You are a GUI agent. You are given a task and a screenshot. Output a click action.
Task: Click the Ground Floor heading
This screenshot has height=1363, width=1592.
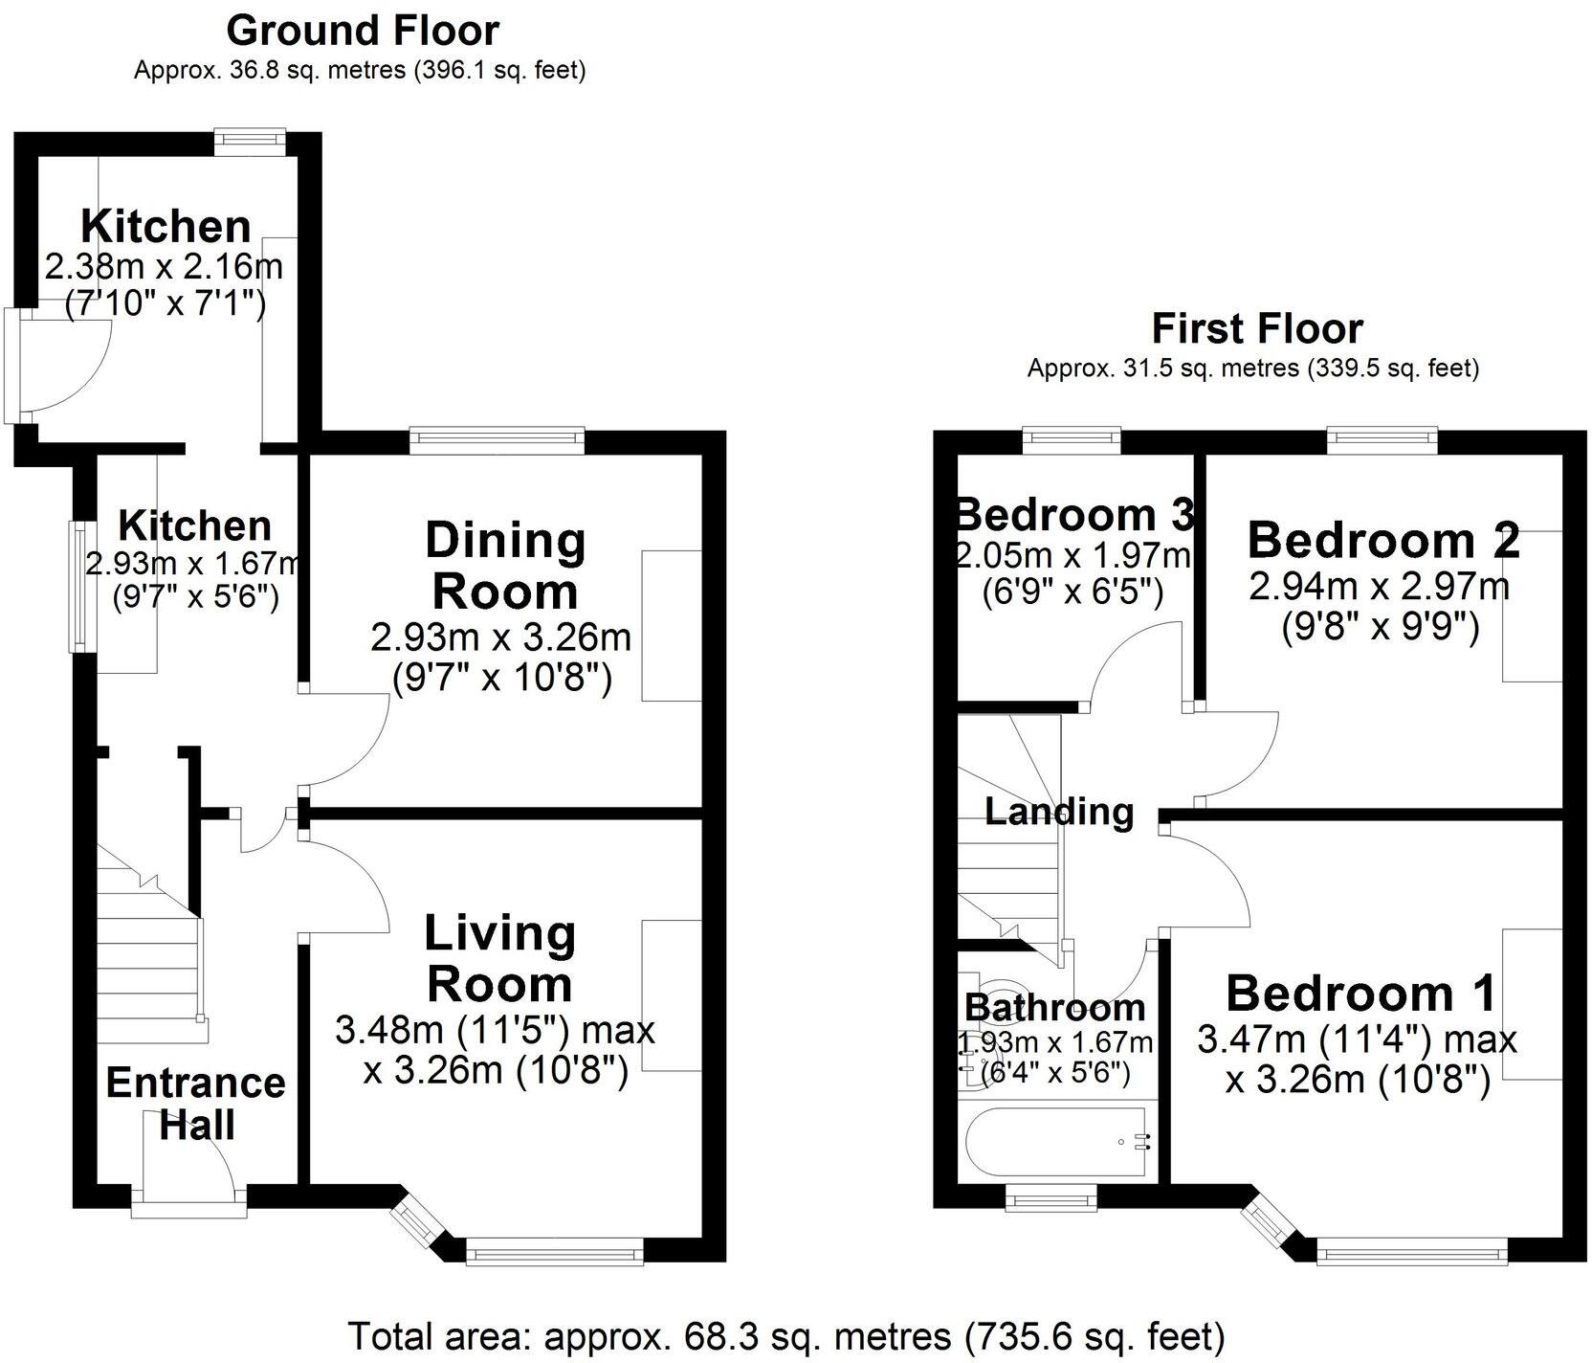click(362, 31)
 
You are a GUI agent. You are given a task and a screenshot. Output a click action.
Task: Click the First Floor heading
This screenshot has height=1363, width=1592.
click(1256, 328)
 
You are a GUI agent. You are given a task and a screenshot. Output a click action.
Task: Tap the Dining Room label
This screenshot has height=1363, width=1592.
click(504, 566)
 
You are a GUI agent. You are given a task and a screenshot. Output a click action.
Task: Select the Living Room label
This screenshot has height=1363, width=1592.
click(499, 958)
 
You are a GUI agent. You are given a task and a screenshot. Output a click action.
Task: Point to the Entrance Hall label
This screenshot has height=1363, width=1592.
click(195, 1103)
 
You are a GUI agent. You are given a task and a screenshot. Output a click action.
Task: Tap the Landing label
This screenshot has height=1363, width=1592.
click(1058, 812)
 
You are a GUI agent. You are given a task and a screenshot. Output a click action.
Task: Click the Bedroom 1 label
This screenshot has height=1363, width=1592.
click(1360, 994)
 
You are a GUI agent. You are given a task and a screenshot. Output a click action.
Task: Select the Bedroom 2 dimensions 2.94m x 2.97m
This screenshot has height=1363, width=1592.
click(1379, 585)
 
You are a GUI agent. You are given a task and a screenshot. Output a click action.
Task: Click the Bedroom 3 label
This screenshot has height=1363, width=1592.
click(1074, 515)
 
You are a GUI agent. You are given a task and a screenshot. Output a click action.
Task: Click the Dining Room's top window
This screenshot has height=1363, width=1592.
click(497, 439)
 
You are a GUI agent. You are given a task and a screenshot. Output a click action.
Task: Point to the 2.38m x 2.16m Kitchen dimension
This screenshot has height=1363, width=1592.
click(164, 266)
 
